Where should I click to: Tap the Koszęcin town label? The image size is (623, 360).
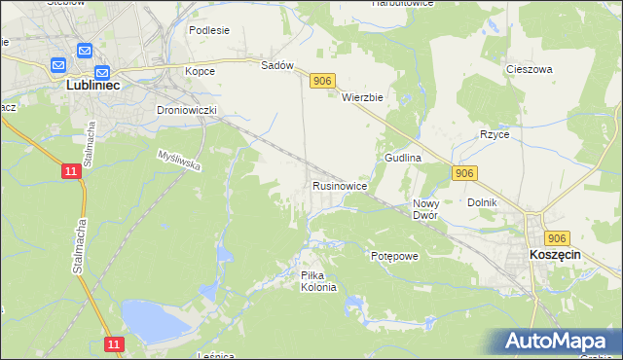555,253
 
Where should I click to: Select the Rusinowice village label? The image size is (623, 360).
339,185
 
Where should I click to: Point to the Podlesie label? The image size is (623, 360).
209,30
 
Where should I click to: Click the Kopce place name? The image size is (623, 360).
200,71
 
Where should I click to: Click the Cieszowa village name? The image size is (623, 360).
530,70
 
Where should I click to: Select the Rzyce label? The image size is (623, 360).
495,134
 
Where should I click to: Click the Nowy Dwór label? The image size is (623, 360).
425,209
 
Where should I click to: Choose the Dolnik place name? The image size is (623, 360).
482,202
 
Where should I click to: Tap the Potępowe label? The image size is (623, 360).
394,256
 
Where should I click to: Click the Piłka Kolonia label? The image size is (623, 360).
318,281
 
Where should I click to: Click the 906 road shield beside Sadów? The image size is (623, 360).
323,83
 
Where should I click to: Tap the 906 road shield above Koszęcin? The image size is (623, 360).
557,238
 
